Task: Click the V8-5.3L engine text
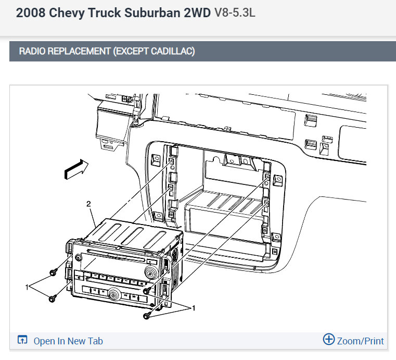(235, 13)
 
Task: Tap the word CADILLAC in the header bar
(173, 51)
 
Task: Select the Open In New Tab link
(68, 341)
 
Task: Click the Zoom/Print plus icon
(329, 339)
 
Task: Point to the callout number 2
(88, 204)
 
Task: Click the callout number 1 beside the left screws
(27, 287)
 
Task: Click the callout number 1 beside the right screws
(194, 308)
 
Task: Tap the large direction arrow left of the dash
(76, 169)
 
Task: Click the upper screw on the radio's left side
(53, 273)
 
